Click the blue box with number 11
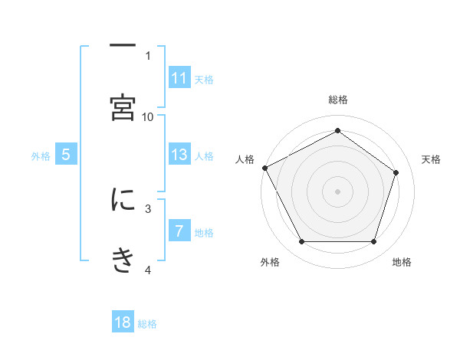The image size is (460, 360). tap(179, 78)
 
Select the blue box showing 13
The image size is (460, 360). tap(179, 155)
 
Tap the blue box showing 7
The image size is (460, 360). tap(179, 231)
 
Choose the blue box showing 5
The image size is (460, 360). tap(66, 155)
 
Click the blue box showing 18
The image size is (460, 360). tap(123, 322)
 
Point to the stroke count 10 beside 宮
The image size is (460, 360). tap(148, 116)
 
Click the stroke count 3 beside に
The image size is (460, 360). tap(148, 208)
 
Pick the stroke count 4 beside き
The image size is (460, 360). tap(148, 270)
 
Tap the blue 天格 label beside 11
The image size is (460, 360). tap(204, 79)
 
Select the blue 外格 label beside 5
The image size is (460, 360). tap(41, 155)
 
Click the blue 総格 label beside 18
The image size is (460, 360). tap(147, 323)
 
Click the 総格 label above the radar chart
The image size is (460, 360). tap(337, 100)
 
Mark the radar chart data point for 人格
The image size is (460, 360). tap(264, 167)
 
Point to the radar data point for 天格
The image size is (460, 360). tap(396, 172)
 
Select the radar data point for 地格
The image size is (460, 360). tap(373, 242)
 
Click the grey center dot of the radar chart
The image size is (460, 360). tap(337, 191)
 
